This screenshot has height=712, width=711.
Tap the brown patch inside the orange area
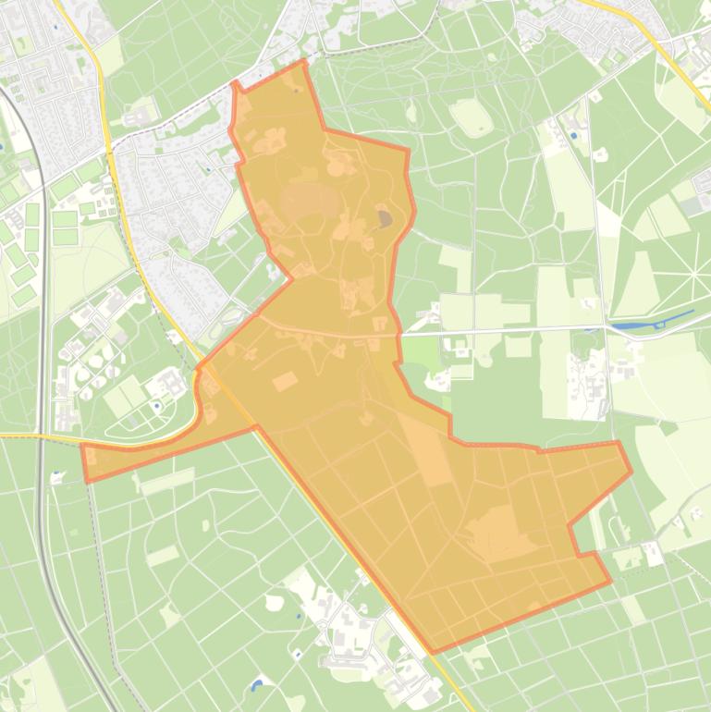click(x=384, y=219)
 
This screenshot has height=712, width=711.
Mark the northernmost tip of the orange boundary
click(x=304, y=61)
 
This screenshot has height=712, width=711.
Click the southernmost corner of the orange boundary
click(x=433, y=653)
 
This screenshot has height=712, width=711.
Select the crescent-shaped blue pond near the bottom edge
click(x=256, y=685)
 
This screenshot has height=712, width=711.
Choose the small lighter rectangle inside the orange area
click(x=284, y=381)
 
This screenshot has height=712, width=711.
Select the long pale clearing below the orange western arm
click(x=167, y=481)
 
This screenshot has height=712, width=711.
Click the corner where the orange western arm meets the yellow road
click(x=255, y=427)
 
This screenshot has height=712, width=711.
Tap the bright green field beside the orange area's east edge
click(x=421, y=352)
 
